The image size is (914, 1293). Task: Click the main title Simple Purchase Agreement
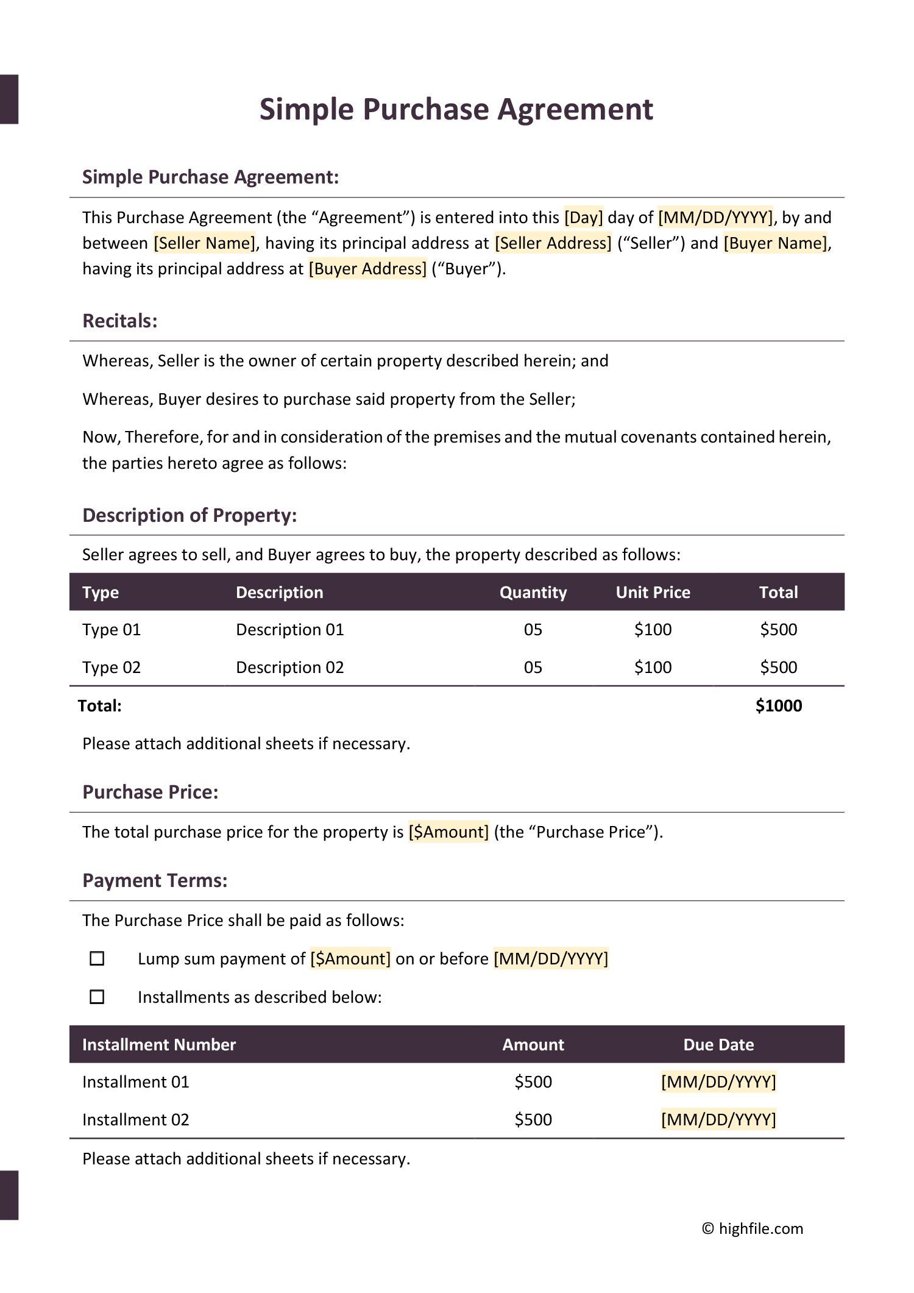tap(456, 110)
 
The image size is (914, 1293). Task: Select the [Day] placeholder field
tap(583, 218)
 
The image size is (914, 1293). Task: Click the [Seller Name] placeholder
tap(205, 243)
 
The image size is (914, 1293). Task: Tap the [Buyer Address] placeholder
tap(367, 269)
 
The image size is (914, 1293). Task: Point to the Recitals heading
tap(120, 321)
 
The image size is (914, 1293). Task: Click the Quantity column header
tap(533, 593)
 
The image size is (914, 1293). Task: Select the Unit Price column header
tap(653, 593)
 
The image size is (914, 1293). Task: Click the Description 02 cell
tap(289, 668)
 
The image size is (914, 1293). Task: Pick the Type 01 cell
tap(112, 630)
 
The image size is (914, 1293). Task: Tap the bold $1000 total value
tap(778, 706)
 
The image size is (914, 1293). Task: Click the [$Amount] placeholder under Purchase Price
tap(448, 832)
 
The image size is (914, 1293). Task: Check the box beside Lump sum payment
tap(97, 959)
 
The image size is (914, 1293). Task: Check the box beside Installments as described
tap(97, 997)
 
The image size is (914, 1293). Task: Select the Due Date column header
tap(718, 1045)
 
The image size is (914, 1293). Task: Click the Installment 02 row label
tap(136, 1120)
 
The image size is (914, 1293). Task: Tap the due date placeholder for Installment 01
tap(718, 1082)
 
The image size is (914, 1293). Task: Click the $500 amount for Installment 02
tap(533, 1120)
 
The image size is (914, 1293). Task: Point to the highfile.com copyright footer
tap(753, 1228)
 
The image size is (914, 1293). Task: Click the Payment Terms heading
tap(155, 881)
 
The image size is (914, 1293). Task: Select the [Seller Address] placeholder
tap(553, 243)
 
